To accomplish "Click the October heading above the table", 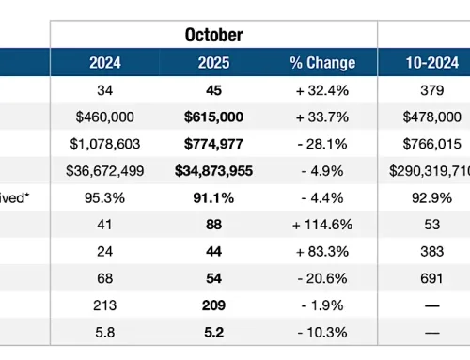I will tap(214, 35).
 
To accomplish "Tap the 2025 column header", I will tap(214, 64).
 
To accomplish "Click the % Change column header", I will tap(322, 64).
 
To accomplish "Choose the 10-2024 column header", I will tap(424, 64).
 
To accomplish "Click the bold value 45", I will tap(214, 91).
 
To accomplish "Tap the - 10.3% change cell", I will tap(322, 332).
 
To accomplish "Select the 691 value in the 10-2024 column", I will tap(424, 279).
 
